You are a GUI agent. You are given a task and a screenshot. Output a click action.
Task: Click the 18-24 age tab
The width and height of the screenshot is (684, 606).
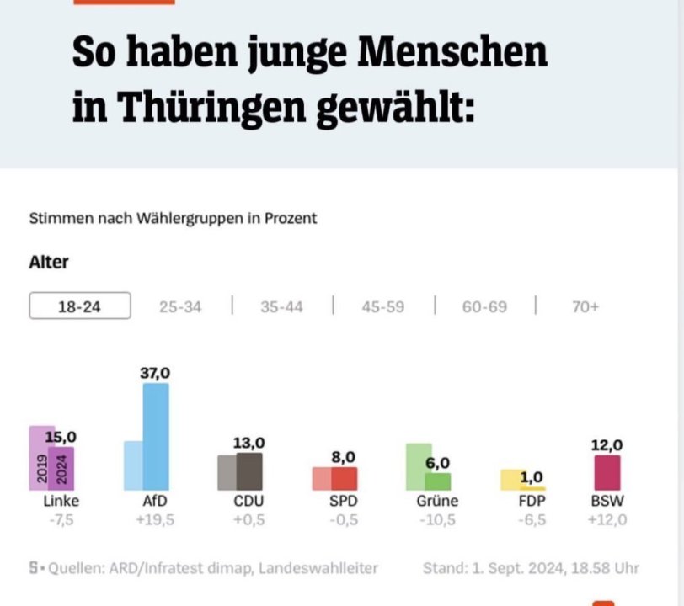(x=79, y=306)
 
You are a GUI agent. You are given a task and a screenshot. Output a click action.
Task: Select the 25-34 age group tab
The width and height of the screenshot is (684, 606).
(x=180, y=307)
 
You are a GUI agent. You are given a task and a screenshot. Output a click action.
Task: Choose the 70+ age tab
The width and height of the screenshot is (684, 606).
(x=585, y=307)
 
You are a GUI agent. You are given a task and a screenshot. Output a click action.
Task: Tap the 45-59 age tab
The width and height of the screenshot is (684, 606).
(x=382, y=307)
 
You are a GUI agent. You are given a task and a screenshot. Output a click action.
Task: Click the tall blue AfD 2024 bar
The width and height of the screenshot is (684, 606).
(x=156, y=437)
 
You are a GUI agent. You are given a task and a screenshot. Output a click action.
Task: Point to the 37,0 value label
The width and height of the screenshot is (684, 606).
(x=155, y=373)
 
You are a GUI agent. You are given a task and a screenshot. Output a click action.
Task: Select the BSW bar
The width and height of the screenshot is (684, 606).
(x=607, y=472)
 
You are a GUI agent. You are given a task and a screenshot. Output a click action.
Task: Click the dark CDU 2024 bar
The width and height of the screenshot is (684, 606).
(x=249, y=471)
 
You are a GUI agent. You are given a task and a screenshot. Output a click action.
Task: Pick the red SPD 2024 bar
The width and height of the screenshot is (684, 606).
(x=344, y=478)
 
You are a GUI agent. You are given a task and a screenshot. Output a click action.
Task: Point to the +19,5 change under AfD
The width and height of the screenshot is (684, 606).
(x=155, y=520)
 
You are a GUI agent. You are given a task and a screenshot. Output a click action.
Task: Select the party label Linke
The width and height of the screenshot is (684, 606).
(x=61, y=502)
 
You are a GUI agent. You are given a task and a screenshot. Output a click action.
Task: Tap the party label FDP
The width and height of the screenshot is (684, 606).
(x=532, y=502)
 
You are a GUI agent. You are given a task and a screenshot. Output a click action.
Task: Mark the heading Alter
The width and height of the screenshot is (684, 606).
(x=49, y=262)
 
